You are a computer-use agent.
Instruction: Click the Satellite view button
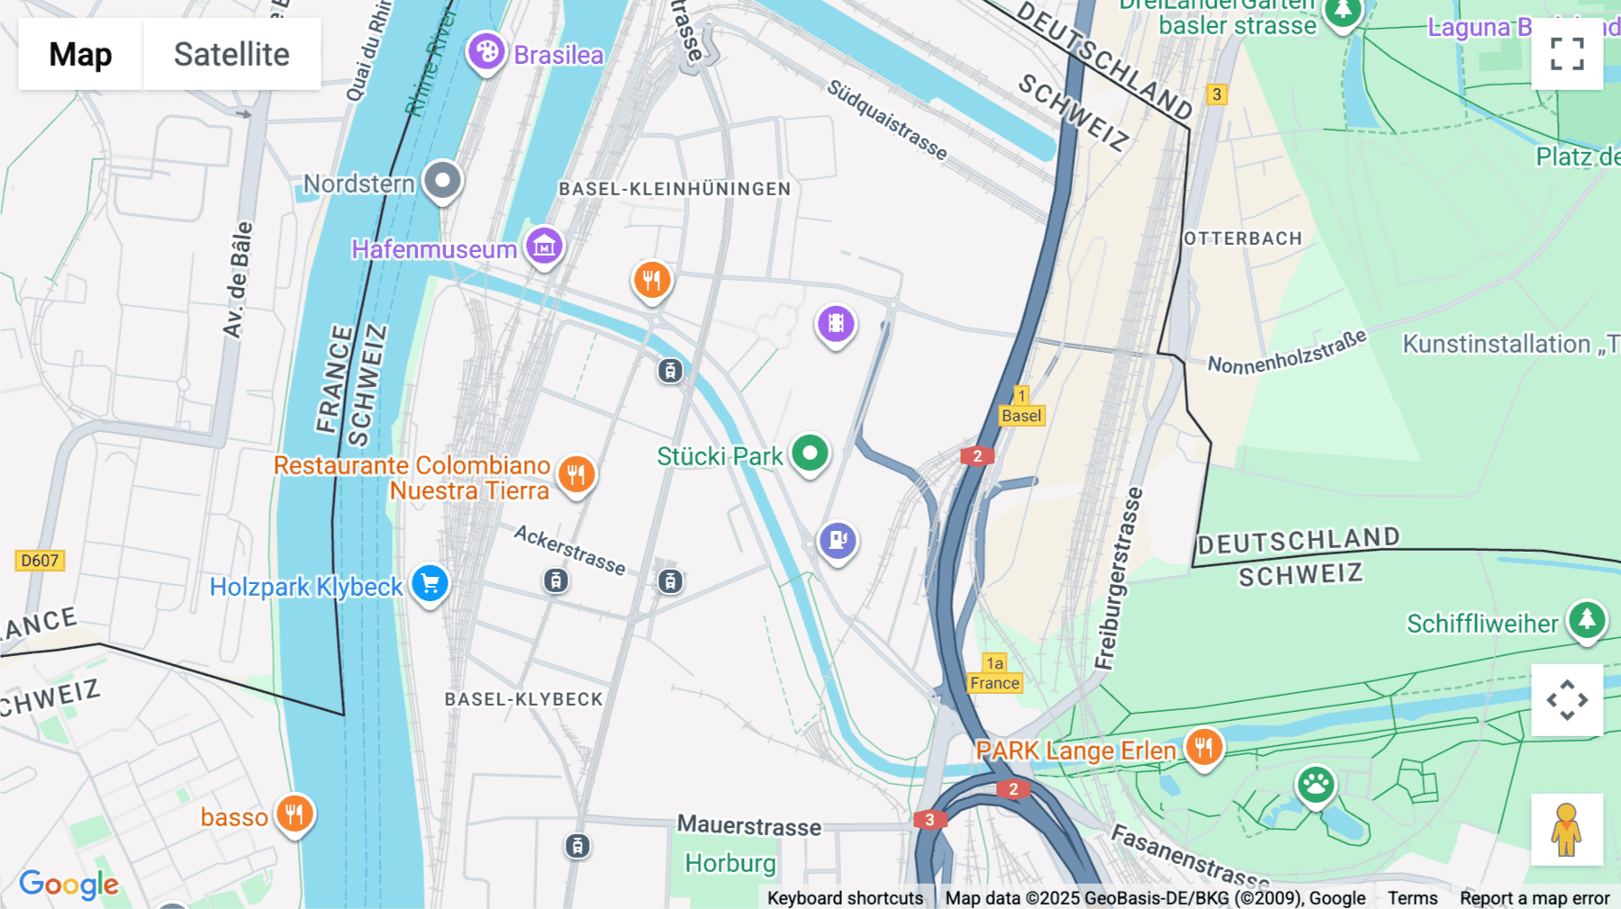pos(231,54)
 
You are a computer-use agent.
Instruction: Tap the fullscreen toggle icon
pos(1567,54)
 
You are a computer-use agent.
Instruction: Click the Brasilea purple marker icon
pos(486,51)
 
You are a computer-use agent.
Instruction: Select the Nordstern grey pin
pos(442,181)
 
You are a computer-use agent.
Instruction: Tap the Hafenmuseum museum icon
pos(544,246)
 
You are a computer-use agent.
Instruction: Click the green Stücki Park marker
pos(810,454)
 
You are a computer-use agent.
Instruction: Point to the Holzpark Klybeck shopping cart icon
pos(430,584)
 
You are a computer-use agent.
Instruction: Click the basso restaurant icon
pos(294,814)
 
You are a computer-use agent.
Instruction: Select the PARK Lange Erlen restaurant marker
pos(1204,747)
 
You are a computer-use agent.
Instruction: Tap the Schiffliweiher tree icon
pos(1587,620)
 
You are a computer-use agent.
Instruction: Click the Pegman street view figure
pos(1567,830)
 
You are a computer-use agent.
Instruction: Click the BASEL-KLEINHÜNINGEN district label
pos(675,189)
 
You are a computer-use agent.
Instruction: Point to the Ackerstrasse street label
pos(569,550)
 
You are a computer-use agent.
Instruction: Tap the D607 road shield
pos(40,561)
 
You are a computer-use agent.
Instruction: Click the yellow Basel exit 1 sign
pos(1021,407)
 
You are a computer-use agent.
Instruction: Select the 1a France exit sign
pos(994,674)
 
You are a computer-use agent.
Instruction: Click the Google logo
pos(68,885)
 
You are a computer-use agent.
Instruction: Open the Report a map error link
pos(1535,898)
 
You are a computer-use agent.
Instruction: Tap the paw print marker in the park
pos(1316,785)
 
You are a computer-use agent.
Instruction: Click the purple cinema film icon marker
pos(836,324)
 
